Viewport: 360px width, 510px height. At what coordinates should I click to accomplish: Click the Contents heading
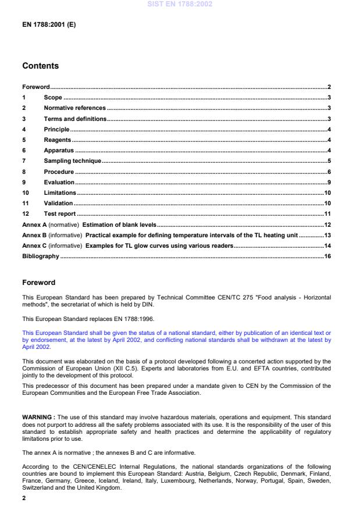coord(40,66)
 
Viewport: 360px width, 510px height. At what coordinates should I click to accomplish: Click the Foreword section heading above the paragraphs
coord(38,283)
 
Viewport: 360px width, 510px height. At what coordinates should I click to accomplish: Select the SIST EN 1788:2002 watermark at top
coord(180,4)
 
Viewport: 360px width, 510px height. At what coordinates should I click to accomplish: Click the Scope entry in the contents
coord(53,97)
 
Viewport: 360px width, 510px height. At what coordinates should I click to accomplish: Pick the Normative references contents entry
coord(75,108)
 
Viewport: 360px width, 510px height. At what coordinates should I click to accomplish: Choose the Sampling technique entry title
coord(73,161)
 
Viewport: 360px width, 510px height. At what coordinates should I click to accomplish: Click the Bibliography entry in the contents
coord(40,256)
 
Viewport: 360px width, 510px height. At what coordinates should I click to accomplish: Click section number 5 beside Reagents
coord(24,140)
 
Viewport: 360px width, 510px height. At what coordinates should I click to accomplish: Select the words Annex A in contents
coord(34,224)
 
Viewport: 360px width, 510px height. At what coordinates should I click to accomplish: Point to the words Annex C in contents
coord(34,246)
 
